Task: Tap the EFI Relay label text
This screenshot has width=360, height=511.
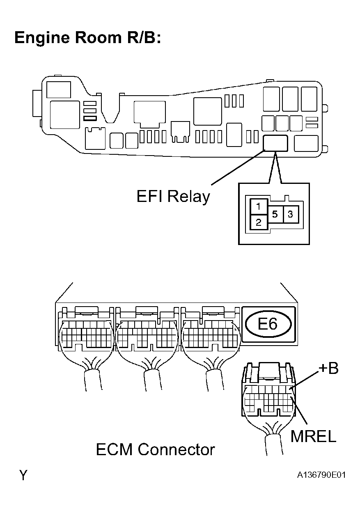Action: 173,197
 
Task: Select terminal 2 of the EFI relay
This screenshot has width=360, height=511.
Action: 258,223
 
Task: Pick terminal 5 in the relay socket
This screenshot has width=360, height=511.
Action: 275,214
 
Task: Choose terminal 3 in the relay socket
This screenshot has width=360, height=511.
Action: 290,214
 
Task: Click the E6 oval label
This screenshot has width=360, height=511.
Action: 268,324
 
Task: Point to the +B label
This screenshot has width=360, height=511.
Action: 328,369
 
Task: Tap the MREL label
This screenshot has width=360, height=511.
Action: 313,436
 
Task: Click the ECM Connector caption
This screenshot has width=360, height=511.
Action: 155,449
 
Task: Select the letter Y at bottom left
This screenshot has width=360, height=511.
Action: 23,475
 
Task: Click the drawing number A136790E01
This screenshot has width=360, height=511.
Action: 321,475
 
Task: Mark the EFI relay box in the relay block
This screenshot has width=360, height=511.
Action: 275,143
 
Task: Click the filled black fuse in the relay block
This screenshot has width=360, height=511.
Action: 89,118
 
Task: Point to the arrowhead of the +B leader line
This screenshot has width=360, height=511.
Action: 291,388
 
